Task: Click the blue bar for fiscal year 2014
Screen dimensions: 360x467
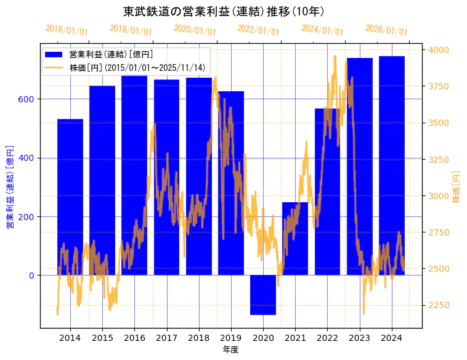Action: point(70,197)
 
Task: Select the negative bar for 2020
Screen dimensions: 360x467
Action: point(263,295)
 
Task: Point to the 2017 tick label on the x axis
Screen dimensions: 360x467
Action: point(166,338)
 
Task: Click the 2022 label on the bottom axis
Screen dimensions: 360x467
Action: point(327,338)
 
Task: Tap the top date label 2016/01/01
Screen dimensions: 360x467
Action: point(67,30)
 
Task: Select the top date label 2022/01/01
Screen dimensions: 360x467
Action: point(258,30)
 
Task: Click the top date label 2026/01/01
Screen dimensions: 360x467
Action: point(386,30)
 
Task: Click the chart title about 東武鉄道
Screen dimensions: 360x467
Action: point(224,12)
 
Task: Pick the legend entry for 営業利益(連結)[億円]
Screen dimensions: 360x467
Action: point(111,55)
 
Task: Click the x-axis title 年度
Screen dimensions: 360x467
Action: point(230,350)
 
